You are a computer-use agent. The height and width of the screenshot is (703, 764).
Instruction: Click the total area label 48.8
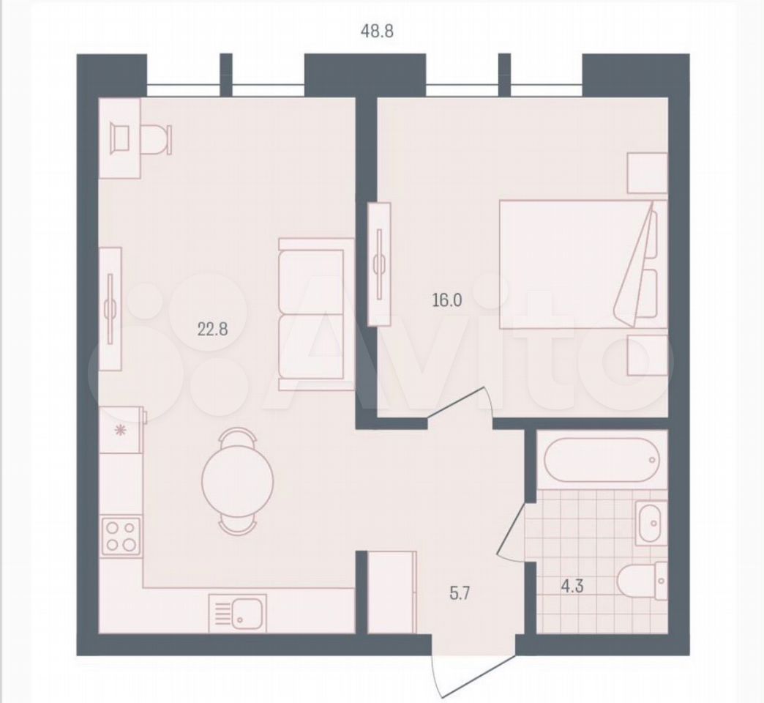coord(376,31)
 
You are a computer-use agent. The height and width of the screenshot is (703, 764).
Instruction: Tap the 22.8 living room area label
coord(212,330)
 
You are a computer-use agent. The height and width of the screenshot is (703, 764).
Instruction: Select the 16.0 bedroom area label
coord(447,300)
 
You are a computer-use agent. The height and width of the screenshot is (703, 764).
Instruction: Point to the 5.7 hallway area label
coord(460,595)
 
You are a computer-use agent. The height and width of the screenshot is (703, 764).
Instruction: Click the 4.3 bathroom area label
coord(572,586)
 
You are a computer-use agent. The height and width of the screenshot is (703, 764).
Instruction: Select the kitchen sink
coord(238,613)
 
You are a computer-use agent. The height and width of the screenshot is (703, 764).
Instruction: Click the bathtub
coord(602,460)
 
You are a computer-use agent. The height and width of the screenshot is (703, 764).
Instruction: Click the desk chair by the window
coord(156,139)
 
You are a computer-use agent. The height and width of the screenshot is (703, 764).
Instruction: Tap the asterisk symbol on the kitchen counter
coord(119,431)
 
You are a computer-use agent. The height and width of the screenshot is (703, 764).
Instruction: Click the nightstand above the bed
coord(647,173)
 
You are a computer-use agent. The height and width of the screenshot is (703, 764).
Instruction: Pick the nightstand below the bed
coord(647,355)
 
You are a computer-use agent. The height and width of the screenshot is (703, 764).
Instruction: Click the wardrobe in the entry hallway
coord(392,592)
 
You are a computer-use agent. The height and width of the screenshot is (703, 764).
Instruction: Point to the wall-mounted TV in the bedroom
coord(380,264)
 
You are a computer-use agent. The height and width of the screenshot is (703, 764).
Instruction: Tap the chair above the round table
coord(237,436)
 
